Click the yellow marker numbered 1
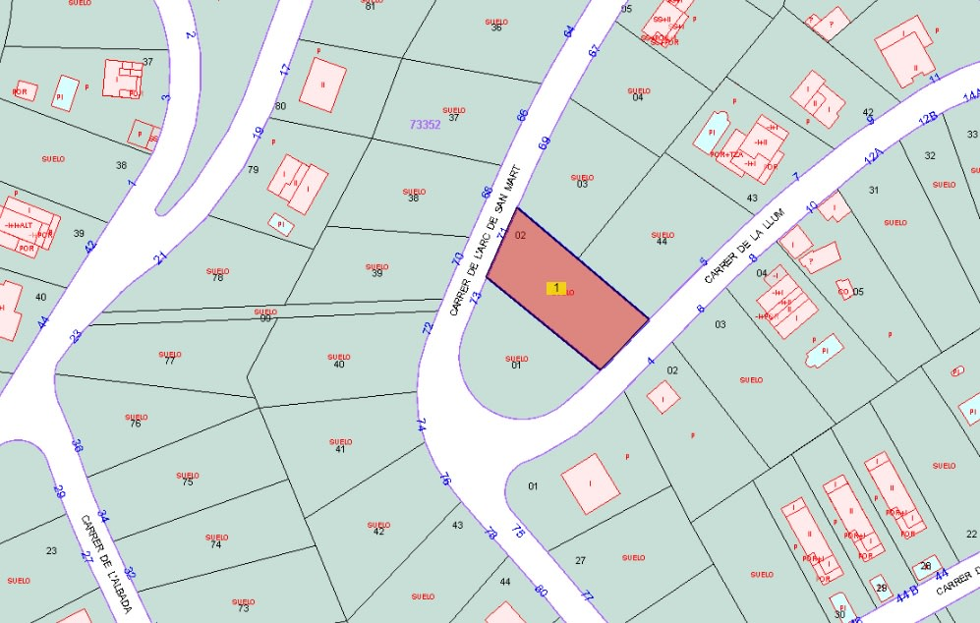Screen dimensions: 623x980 [556, 288]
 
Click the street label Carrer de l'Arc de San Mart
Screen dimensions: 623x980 [483, 241]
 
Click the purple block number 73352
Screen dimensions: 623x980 [425, 125]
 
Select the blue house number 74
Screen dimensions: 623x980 [421, 425]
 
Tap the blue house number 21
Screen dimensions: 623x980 [160, 258]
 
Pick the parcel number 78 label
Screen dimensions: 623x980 [217, 277]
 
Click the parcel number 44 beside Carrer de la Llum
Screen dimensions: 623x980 [662, 242]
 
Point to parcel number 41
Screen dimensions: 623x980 [340, 449]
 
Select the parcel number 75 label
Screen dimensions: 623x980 [187, 482]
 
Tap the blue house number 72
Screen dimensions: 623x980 [428, 328]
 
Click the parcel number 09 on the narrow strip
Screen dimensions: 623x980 [265, 318]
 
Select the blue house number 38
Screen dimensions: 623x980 [77, 446]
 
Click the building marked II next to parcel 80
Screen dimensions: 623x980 [322, 85]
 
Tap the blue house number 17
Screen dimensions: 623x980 [286, 71]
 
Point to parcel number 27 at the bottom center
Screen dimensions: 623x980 [580, 560]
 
